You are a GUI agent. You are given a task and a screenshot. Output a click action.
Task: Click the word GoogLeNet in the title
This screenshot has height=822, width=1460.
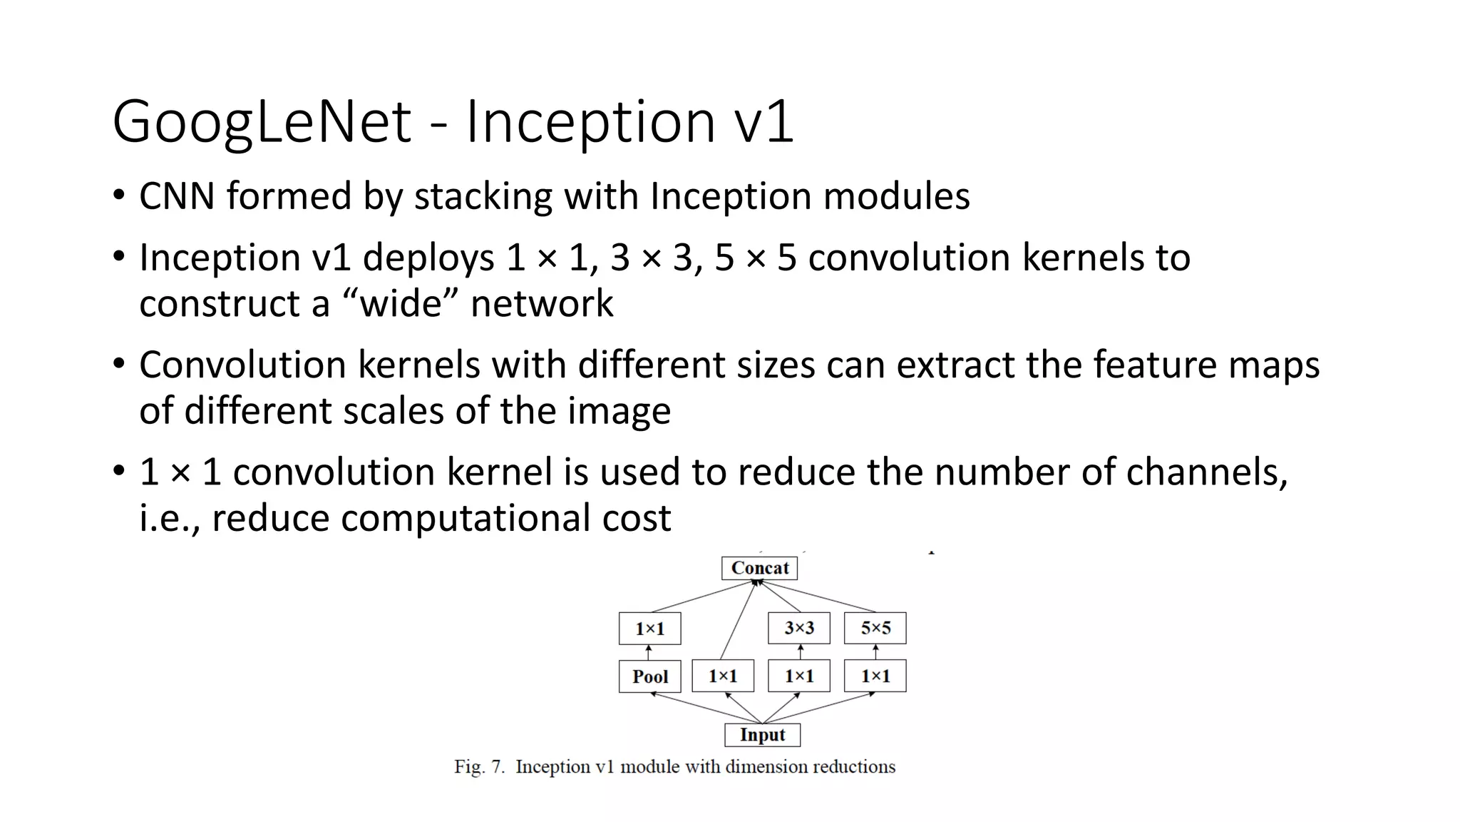click(x=262, y=122)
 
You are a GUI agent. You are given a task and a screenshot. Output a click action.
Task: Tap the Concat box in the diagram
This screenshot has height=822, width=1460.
click(x=759, y=568)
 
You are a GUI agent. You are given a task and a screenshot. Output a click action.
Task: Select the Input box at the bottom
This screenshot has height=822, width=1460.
click(x=762, y=735)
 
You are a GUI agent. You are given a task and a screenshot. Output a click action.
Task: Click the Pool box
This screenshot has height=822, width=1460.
click(x=649, y=676)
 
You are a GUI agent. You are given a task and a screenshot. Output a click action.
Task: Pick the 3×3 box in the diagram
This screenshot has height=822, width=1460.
click(x=798, y=628)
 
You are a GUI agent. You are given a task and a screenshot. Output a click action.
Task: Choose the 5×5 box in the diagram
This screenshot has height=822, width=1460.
click(x=875, y=628)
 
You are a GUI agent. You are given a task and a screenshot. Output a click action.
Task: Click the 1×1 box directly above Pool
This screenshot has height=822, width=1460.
click(x=649, y=629)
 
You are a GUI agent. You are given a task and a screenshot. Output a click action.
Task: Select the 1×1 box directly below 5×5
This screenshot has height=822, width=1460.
click(x=875, y=676)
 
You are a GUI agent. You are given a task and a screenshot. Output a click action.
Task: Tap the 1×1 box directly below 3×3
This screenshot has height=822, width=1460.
click(x=798, y=676)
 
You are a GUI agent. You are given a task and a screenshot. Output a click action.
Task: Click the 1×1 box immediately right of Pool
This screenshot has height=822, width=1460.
click(x=723, y=676)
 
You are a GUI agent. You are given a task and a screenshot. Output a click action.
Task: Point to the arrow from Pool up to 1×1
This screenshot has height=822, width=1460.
click(x=649, y=652)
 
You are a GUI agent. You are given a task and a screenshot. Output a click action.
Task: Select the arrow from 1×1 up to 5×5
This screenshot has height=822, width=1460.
click(x=875, y=652)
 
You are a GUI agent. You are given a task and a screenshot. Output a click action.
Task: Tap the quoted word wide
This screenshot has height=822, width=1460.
click(x=401, y=304)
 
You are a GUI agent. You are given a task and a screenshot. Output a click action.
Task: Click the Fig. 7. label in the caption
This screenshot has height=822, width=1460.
click(x=479, y=767)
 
